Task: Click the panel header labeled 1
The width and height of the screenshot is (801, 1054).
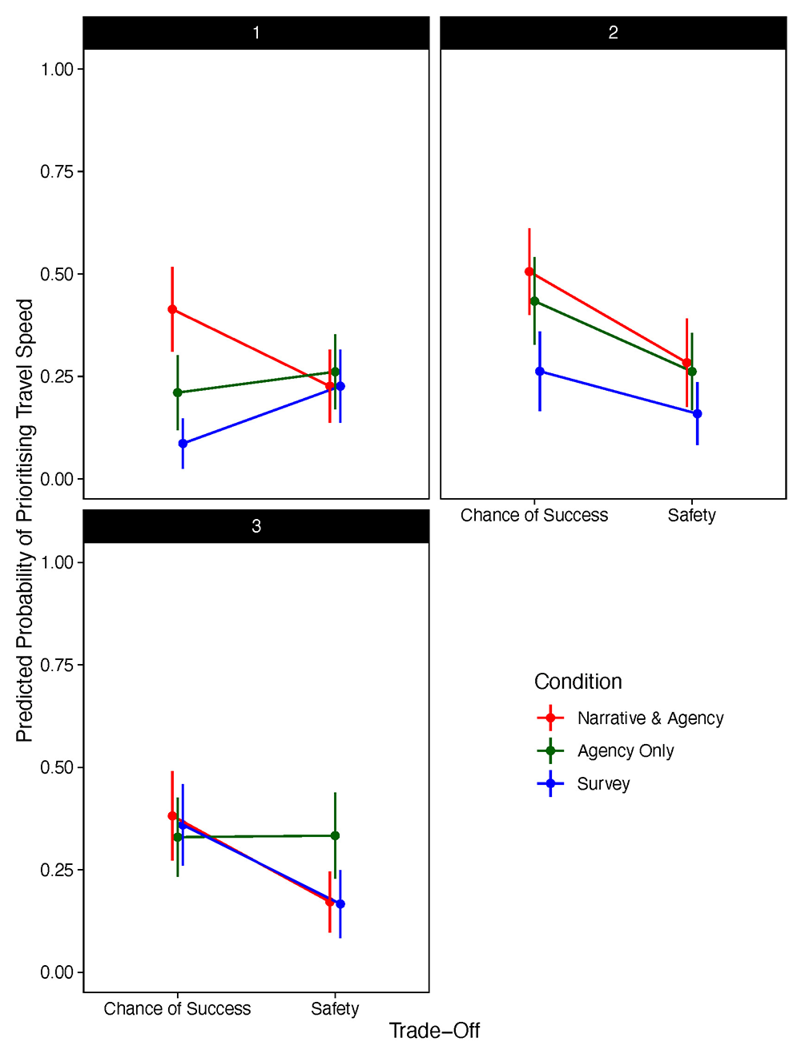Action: click(x=256, y=33)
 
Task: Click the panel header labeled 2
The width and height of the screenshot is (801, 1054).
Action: click(x=613, y=33)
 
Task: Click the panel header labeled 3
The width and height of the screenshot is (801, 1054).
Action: click(x=256, y=526)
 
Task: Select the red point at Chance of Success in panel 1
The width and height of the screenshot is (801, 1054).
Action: click(x=172, y=309)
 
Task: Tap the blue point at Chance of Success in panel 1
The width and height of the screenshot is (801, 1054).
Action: click(x=183, y=443)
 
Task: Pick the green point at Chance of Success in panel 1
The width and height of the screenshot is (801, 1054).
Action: click(x=178, y=392)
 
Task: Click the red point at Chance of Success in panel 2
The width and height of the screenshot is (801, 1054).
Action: click(x=529, y=272)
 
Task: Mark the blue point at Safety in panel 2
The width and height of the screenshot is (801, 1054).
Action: click(x=698, y=413)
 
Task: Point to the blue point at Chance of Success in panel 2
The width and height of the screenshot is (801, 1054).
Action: click(x=540, y=371)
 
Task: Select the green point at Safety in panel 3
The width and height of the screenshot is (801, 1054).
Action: click(x=335, y=835)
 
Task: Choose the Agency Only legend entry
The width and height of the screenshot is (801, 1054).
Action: click(x=605, y=750)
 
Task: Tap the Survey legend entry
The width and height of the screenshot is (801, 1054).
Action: click(x=583, y=783)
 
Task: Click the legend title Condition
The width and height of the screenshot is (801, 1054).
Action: click(x=578, y=682)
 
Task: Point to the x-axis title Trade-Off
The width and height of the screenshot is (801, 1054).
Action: click(x=434, y=1031)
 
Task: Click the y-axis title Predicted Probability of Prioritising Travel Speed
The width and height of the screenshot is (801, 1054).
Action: click(x=25, y=521)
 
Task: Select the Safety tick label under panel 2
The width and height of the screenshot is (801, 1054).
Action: click(x=691, y=515)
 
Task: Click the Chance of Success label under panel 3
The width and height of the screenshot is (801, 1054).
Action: click(x=177, y=1008)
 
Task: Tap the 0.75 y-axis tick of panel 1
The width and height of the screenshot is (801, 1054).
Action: click(x=57, y=171)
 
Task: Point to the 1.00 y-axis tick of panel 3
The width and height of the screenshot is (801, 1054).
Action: click(x=57, y=562)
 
